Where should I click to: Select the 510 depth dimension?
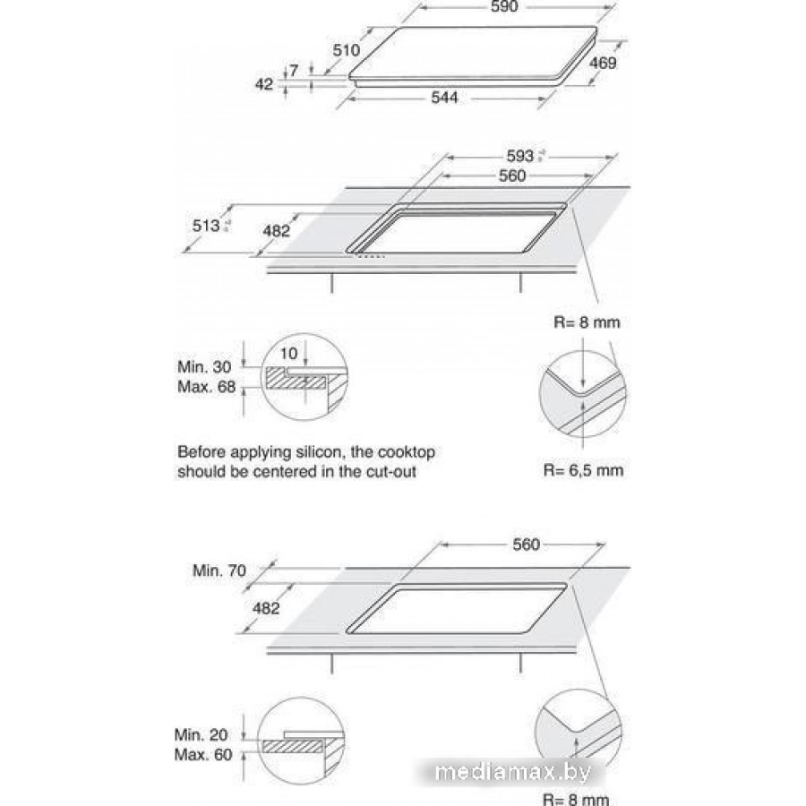tap(346, 51)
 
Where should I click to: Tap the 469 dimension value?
tap(603, 64)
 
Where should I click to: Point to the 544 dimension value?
tap(443, 97)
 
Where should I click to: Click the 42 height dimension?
tap(264, 84)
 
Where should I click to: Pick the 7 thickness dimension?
tap(294, 70)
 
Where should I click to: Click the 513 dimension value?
tap(207, 226)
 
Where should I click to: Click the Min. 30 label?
tap(205, 366)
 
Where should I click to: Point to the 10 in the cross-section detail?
tap(289, 354)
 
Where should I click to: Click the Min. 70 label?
tap(219, 569)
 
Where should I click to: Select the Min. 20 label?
tap(202, 734)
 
